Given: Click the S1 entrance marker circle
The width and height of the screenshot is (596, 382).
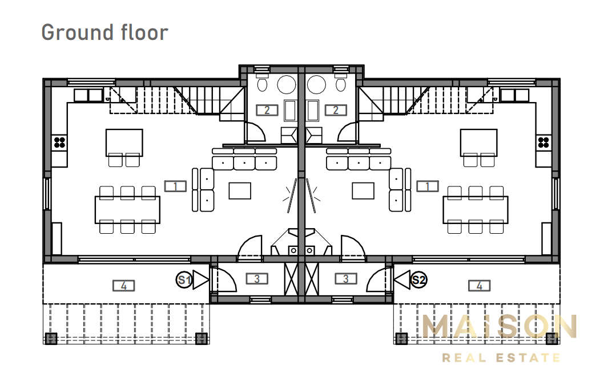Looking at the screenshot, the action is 184,280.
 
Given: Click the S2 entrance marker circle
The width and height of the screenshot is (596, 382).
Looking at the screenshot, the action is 419,280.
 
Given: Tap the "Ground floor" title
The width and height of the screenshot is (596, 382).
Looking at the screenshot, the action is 104,33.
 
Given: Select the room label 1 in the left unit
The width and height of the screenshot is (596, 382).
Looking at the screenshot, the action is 175,186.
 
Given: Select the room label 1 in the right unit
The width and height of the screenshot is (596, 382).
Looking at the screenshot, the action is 428,186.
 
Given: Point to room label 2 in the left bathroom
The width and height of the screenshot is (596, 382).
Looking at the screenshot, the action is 267,110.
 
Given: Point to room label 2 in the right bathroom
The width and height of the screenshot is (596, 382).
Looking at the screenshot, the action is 336,110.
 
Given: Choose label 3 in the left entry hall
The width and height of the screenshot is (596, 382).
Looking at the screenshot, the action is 257,279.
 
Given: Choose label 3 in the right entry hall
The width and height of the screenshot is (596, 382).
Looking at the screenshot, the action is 346,279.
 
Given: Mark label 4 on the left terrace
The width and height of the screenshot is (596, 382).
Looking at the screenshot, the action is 124,286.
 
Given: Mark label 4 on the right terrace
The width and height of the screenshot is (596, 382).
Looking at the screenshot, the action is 480,286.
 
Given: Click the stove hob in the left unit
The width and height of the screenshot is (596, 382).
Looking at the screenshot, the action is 59,143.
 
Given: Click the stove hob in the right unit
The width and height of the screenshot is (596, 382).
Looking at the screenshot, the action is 543,143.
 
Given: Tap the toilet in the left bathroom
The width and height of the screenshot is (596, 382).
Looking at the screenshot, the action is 262,84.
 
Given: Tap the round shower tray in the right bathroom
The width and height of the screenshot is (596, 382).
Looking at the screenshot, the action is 316,84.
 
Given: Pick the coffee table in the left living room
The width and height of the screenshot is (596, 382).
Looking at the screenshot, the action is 240,190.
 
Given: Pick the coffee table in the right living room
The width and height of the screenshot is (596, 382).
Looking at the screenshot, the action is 363,190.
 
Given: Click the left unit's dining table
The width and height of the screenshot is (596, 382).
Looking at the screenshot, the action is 127,210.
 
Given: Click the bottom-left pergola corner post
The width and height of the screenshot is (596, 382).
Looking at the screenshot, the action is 51,338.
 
